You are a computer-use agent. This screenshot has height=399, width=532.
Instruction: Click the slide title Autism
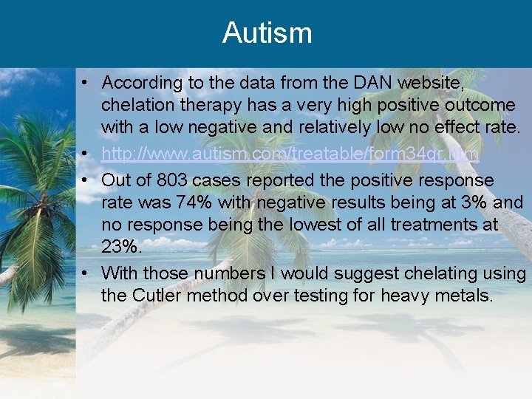267,33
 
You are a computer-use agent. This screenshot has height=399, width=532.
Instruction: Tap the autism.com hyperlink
290,154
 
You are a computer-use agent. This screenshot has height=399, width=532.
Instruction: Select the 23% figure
120,246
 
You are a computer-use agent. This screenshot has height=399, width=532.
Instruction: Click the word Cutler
159,296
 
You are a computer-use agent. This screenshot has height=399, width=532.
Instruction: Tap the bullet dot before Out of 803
87,180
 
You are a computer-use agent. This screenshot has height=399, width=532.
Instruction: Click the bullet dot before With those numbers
87,273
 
